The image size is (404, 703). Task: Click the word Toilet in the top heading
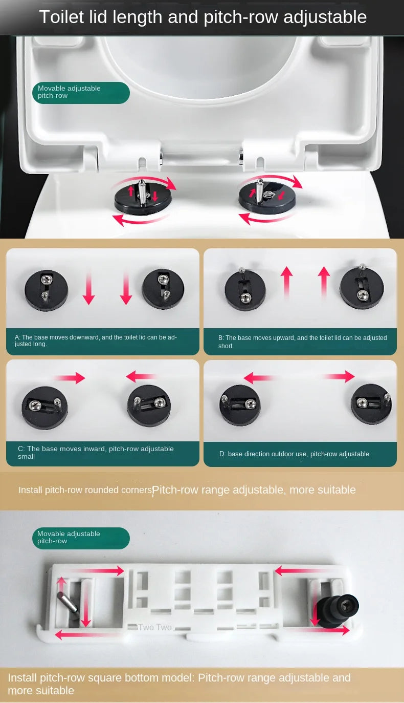pos(62,17)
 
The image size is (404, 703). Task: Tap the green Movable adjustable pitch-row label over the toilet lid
pos(81,93)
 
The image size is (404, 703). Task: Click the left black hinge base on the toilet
pos(143,200)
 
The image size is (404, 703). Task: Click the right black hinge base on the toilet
pos(267,198)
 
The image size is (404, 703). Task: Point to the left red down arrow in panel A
pos(88,288)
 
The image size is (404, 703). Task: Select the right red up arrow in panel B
pos(324,282)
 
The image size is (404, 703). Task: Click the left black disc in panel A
pos(46,290)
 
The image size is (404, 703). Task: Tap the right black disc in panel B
pos(362,288)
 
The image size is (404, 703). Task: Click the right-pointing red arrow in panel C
pos(70,377)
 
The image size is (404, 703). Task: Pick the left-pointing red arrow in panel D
pos(259,377)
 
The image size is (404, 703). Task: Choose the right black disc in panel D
pos(371,404)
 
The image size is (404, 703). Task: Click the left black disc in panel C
pos(44,408)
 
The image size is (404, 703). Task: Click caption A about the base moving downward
pos(96,340)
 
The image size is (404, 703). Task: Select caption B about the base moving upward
pos(302,342)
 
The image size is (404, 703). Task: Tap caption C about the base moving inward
pos(96,452)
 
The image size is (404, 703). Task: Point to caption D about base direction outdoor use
pos(294,454)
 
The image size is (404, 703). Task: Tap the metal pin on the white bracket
pos(67,601)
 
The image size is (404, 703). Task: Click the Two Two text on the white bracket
pos(155,627)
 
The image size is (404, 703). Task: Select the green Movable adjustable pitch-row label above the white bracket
pos(81,538)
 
